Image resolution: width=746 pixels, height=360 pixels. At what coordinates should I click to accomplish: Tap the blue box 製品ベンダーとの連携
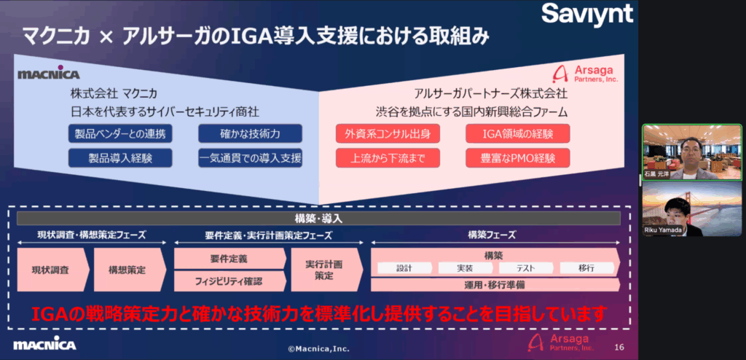120,133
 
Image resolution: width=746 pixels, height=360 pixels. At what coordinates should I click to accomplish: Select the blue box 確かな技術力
250,133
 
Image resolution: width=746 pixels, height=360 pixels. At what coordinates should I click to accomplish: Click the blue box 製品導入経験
120,157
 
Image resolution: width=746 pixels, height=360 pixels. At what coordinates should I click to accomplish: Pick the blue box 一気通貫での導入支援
250,157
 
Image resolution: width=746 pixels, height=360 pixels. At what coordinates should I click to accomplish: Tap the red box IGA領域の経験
518,133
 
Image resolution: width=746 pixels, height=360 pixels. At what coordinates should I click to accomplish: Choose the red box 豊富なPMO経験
518,157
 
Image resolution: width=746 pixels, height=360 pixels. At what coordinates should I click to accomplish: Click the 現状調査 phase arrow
51,270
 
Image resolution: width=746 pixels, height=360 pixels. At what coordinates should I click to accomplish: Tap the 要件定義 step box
228,259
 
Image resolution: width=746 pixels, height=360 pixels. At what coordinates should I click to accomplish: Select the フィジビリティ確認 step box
228,281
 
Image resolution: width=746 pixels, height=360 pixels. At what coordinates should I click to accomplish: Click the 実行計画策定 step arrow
323,270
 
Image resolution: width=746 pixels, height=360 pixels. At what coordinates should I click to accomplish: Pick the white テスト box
526,268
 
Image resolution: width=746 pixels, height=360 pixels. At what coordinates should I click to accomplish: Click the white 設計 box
404,268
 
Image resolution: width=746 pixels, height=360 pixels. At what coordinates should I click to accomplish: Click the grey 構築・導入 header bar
318,218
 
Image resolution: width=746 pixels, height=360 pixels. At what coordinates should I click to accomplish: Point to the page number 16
619,347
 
